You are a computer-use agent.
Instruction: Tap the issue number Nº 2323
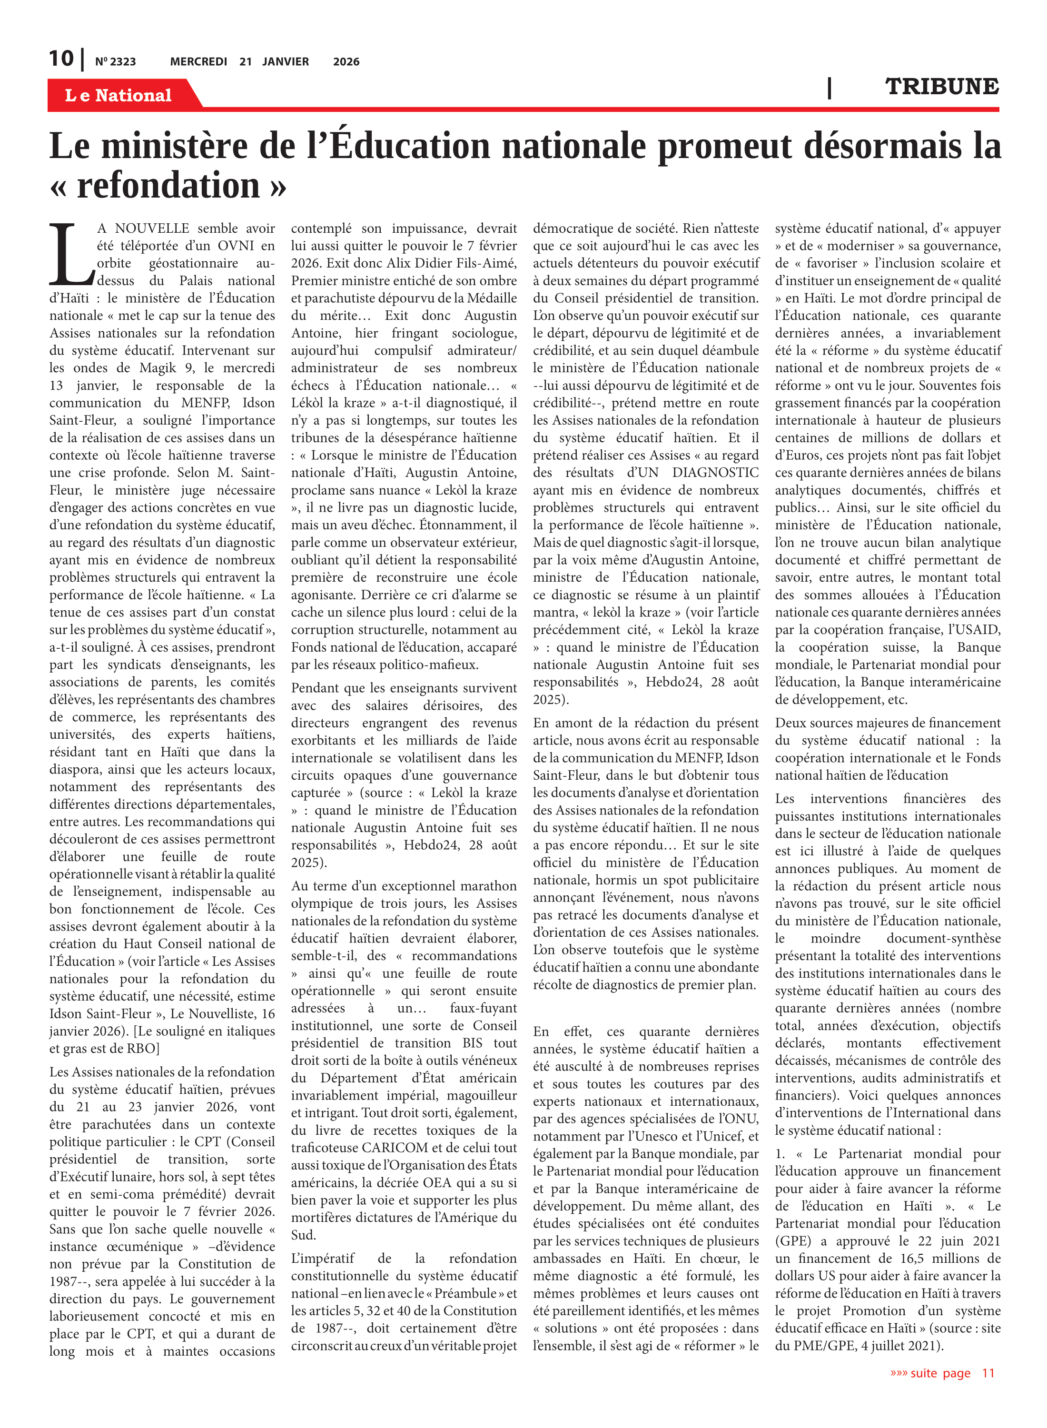(115, 61)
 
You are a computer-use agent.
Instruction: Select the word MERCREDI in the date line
(198, 61)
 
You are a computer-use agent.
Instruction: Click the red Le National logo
(119, 95)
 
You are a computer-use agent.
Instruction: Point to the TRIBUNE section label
(942, 86)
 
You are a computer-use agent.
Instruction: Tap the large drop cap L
(71, 255)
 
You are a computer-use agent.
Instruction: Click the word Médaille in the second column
(491, 298)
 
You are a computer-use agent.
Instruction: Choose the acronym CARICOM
(395, 1148)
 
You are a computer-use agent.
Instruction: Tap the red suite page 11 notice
(942, 1373)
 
